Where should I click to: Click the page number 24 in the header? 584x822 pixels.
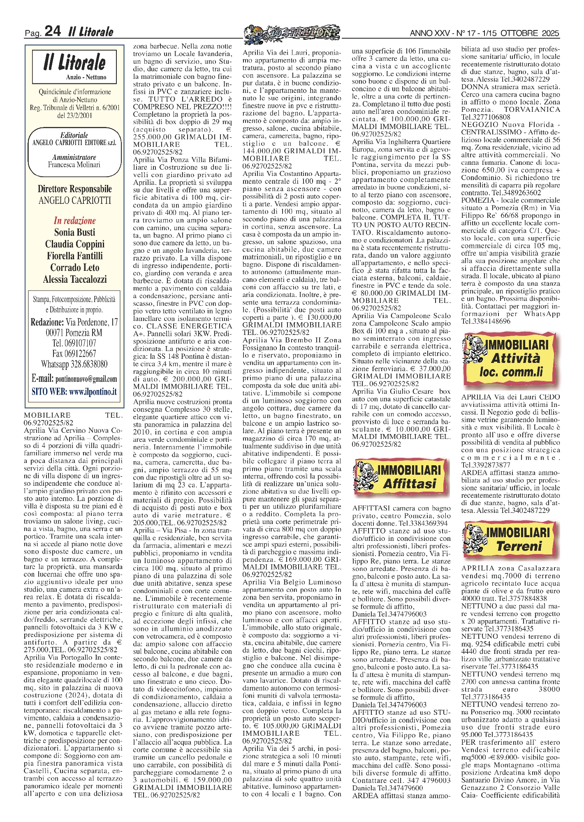point(53,31)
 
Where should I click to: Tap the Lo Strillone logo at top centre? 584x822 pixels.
point(292,32)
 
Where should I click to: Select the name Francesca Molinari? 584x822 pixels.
point(74,165)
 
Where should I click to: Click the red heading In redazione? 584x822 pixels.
point(74,220)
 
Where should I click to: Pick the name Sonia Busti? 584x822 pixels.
point(74,232)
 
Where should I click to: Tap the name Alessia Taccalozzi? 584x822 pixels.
point(74,279)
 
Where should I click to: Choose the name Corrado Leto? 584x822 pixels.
point(74,268)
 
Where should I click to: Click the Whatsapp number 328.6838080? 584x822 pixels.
point(88,364)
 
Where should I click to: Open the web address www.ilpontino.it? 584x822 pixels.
point(93,392)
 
